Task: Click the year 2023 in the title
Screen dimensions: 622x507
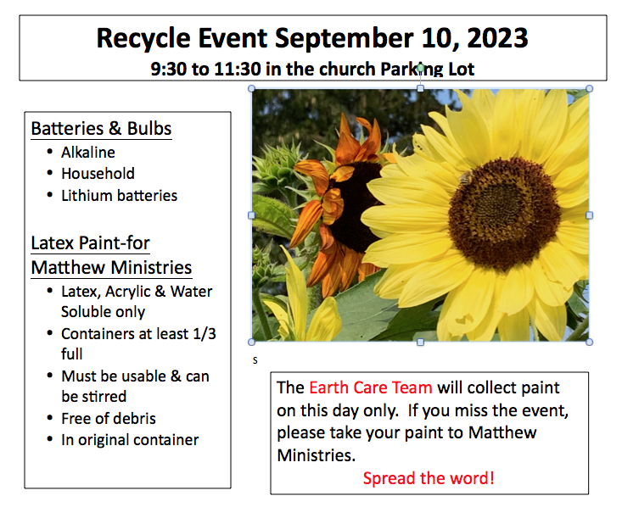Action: [x=497, y=38]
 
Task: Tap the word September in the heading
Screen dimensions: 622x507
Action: [x=344, y=39]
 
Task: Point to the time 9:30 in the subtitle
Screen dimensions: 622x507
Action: [x=169, y=69]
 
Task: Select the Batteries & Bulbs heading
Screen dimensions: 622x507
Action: [x=101, y=128]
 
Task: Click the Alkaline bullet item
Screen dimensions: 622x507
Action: [x=88, y=153]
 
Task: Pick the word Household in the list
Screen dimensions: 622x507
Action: [x=98, y=174]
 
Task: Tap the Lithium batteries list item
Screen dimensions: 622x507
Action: [x=119, y=196]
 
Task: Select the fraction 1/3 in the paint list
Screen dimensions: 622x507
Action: [x=205, y=334]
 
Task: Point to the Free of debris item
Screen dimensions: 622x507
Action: [x=109, y=419]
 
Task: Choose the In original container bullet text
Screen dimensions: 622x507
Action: [x=130, y=440]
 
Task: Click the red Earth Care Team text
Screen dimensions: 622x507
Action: [x=371, y=387]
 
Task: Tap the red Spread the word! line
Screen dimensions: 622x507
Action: [x=429, y=478]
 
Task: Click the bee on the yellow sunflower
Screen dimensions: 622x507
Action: [x=465, y=178]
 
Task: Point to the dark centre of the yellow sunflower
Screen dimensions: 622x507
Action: [x=505, y=213]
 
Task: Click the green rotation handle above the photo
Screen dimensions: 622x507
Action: [x=421, y=68]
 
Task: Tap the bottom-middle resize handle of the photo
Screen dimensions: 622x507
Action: [x=421, y=342]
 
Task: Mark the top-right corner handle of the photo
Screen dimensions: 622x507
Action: [x=590, y=88]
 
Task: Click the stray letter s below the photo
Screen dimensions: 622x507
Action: [x=255, y=360]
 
